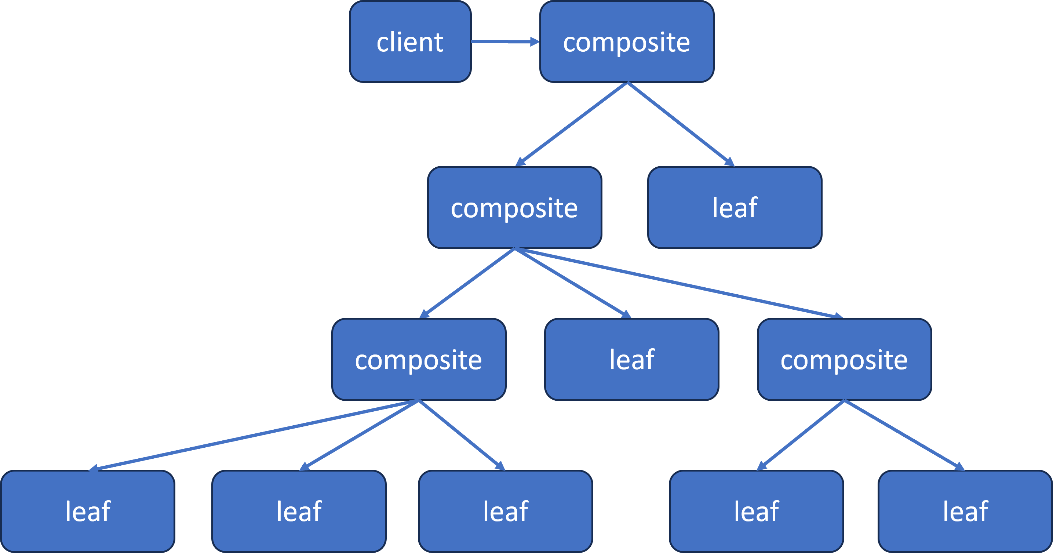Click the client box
coord(410,42)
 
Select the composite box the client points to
coord(626,42)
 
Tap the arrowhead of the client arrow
coord(534,42)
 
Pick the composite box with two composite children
coord(514,208)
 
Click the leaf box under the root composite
coord(735,208)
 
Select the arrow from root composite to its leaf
coord(681,124)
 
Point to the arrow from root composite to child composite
coord(572,123)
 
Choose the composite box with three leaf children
coord(419,360)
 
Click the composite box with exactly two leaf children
coord(844,360)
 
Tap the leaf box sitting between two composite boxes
coord(631,360)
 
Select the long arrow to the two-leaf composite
coord(678,283)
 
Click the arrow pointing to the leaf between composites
coord(572,283)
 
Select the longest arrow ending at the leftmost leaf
coord(254,435)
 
